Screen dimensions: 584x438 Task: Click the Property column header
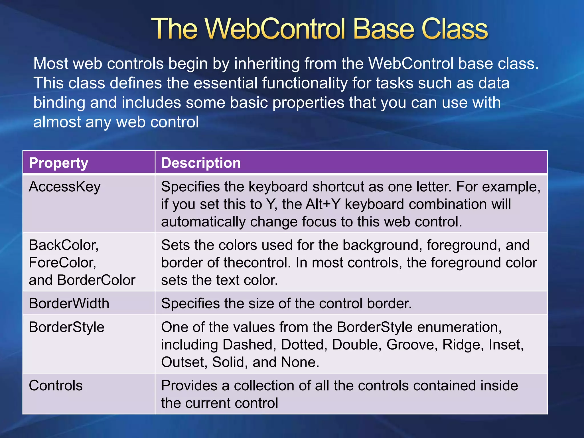coord(58,163)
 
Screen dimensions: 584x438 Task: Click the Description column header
coord(201,163)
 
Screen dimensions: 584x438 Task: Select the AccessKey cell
coord(65,187)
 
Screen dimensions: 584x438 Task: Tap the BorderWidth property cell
coord(69,303)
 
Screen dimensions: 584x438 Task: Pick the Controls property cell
coord(56,386)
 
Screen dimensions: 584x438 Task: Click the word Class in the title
coord(455,29)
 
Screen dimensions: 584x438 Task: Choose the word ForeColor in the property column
coord(62,263)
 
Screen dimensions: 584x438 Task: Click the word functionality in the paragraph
coord(305,83)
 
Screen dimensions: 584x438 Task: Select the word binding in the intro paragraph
coord(59,103)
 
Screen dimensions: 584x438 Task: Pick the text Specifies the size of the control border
coord(286,303)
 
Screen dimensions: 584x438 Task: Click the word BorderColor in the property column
coord(96,280)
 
